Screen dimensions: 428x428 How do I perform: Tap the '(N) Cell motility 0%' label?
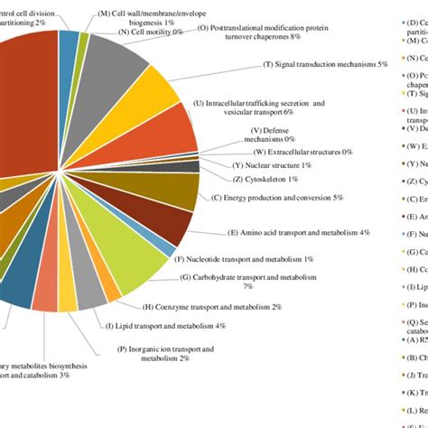click(x=151, y=32)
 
